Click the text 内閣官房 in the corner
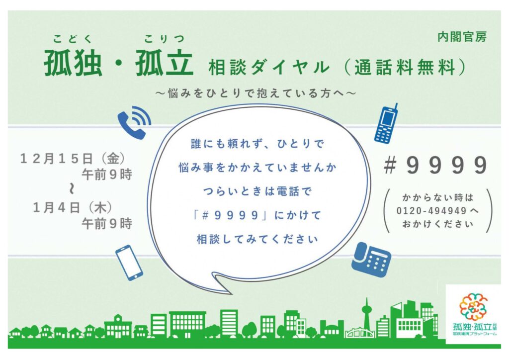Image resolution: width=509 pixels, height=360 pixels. pyautogui.click(x=462, y=37)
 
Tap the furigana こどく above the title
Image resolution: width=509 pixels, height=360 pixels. pyautogui.click(x=73, y=39)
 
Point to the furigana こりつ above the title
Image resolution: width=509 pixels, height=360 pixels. pyautogui.click(x=164, y=39)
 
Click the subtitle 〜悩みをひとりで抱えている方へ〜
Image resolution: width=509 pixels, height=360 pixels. pyautogui.click(x=256, y=93)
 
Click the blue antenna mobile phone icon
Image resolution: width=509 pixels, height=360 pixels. pyautogui.click(x=386, y=123)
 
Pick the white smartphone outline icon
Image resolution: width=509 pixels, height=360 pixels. pyautogui.click(x=129, y=263)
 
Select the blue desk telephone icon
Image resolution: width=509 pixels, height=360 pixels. pyautogui.click(x=371, y=260)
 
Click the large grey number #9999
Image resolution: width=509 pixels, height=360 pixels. pyautogui.click(x=436, y=165)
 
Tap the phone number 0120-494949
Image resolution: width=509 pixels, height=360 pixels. pyautogui.click(x=431, y=211)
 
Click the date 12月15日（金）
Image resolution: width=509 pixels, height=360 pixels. pyautogui.click(x=73, y=159)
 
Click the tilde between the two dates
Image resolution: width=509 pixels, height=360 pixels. pyautogui.click(x=72, y=189)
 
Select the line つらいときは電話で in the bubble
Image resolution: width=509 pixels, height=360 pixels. pyautogui.click(x=257, y=191)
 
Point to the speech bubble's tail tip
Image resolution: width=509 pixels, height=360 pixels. pyautogui.click(x=232, y=294)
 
